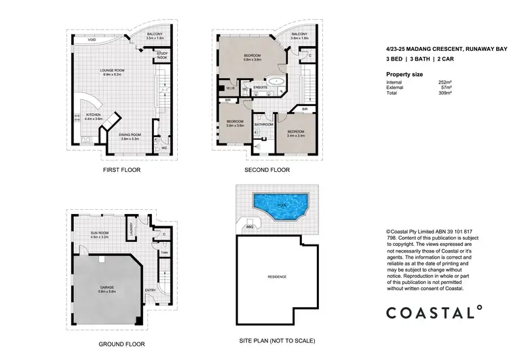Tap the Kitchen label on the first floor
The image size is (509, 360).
tap(93, 116)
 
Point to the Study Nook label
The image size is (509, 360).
tap(162, 55)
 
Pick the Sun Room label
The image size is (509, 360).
tap(100, 234)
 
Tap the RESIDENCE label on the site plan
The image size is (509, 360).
tap(277, 277)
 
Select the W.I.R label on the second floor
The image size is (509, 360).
tap(230, 87)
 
